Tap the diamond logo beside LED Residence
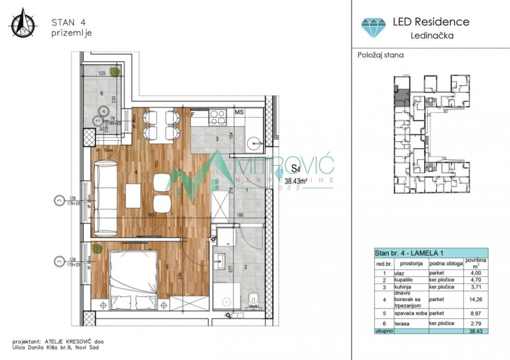[x=374, y=27]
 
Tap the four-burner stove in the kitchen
[x=218, y=118]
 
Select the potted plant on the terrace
[x=115, y=72]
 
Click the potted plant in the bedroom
[x=97, y=248]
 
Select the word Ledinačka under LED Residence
[x=432, y=36]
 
